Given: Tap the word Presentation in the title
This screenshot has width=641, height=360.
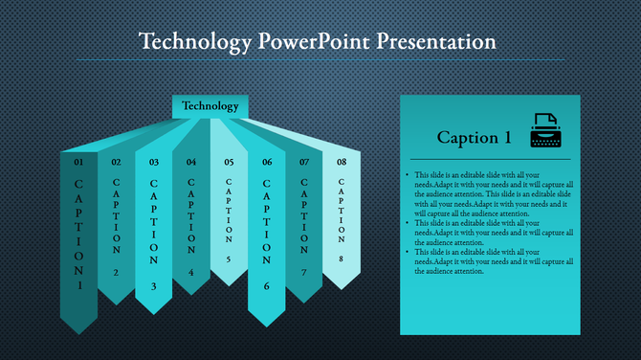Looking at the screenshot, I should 435,42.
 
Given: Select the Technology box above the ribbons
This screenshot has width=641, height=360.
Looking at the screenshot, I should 210,105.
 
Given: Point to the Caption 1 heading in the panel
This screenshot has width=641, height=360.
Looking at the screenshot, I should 467,138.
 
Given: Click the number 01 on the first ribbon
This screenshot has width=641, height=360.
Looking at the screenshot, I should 78,162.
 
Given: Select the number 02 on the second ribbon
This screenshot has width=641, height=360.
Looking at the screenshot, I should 116,162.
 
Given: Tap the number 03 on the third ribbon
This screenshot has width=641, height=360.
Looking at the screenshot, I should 153,162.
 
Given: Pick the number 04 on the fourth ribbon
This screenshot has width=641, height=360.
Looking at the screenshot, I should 191,162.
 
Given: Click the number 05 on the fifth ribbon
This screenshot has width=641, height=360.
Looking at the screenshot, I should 229,162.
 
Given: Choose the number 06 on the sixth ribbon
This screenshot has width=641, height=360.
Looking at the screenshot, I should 267,162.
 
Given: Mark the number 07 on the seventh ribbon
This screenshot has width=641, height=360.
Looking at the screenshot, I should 304,162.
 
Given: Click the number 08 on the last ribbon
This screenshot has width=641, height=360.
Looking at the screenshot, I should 342,162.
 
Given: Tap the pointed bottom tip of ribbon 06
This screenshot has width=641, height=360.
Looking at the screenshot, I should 267,324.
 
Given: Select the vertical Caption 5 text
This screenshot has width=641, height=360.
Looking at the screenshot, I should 229,220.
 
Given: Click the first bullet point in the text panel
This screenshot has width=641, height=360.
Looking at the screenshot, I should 409,176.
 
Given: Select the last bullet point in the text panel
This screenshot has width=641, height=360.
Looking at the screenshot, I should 409,251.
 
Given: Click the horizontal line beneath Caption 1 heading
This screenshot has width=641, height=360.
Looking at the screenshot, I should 489,159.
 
